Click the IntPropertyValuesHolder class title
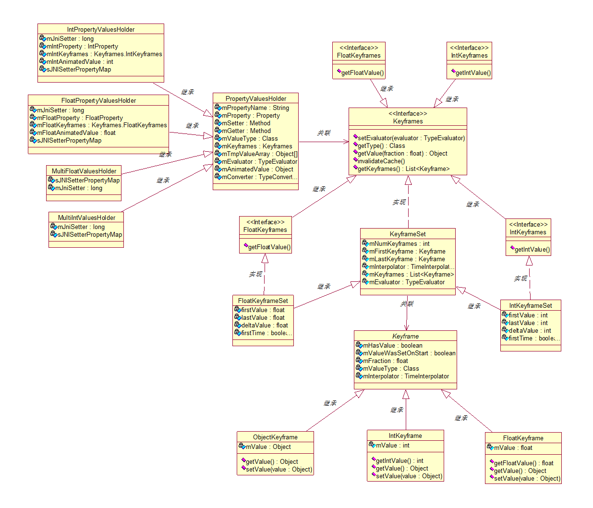pyautogui.click(x=101, y=29)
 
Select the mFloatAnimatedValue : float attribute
pyautogui.click(x=76, y=133)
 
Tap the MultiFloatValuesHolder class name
pyautogui.click(x=84, y=171)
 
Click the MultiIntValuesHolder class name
pyautogui.click(x=86, y=218)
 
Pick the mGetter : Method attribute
pyautogui.click(x=246, y=131)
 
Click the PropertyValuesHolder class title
pyautogui.click(x=256, y=98)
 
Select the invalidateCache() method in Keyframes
pyautogui.click(x=381, y=161)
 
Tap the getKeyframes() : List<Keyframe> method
pyautogui.click(x=403, y=169)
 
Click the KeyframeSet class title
pyautogui.click(x=408, y=234)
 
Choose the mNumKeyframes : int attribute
pyautogui.click(x=399, y=244)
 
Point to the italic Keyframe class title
pyautogui.click(x=405, y=336)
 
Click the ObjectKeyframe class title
pyautogui.click(x=275, y=437)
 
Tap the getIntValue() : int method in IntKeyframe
pyautogui.click(x=399, y=461)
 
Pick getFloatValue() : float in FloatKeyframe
pyautogui.click(x=523, y=463)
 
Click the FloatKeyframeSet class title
pyautogui.click(x=263, y=301)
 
